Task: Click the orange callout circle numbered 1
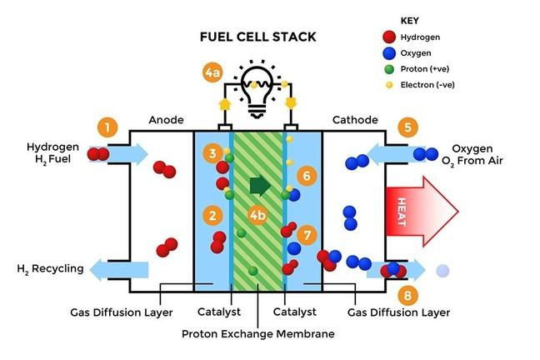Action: tap(106, 127)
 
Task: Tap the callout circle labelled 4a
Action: tap(212, 73)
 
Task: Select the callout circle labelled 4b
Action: tap(258, 217)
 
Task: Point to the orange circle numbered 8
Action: tap(406, 295)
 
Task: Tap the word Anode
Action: tap(165, 119)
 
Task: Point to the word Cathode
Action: tap(355, 119)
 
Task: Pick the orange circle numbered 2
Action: tap(213, 217)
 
